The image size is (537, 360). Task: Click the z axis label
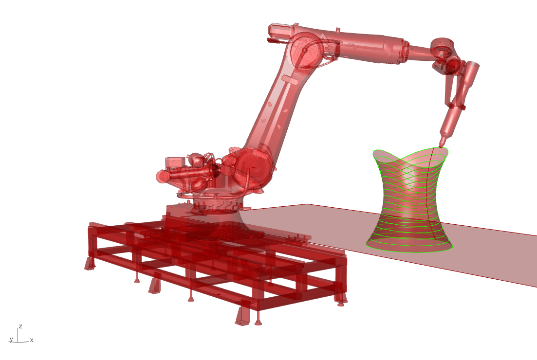coord(20,326)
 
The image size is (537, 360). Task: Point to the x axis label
coord(32,340)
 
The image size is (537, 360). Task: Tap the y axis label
coord(11,340)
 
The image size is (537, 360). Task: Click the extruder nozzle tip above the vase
coord(441,146)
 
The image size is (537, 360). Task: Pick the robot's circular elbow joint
coord(306,52)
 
